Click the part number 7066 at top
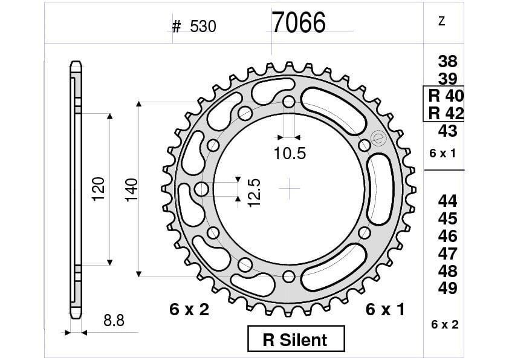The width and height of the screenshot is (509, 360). [298, 23]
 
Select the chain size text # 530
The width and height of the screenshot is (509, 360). [194, 27]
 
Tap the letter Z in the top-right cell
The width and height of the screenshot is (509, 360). [441, 21]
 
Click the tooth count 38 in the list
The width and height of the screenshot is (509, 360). [447, 61]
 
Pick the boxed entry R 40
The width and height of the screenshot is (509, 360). [445, 96]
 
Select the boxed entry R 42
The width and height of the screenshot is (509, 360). [445, 113]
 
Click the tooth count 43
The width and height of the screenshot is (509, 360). [447, 131]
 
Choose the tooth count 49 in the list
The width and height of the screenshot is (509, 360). [447, 288]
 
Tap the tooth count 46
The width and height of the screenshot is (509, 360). [447, 236]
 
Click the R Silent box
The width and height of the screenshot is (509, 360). [296, 339]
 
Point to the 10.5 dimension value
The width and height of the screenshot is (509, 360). [290, 154]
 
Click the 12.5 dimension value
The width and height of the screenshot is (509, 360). [254, 192]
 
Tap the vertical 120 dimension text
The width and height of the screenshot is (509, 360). [99, 189]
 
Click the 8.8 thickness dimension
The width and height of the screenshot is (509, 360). [114, 321]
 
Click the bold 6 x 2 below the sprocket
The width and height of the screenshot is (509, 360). [189, 310]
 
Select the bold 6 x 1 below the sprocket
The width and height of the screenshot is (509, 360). [385, 310]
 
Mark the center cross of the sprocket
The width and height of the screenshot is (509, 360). [290, 189]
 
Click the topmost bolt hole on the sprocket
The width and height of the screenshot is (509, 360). [289, 101]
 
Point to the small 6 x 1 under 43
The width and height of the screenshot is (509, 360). [443, 154]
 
